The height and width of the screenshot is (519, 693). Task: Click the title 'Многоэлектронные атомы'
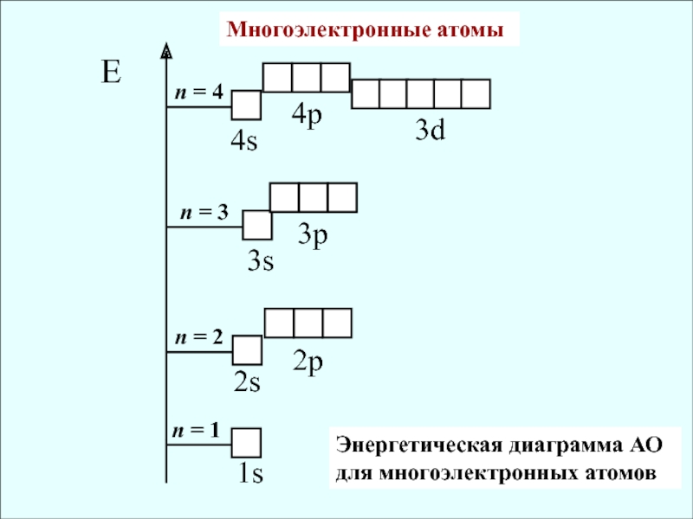[365, 30]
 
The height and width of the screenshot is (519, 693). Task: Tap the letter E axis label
[110, 73]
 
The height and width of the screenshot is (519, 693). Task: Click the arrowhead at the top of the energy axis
[165, 52]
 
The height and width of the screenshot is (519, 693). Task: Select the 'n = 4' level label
[198, 92]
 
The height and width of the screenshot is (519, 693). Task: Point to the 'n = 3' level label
[204, 212]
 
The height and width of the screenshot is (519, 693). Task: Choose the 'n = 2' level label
[198, 336]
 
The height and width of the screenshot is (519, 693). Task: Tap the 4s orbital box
[246, 106]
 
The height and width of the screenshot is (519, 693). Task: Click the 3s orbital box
[257, 225]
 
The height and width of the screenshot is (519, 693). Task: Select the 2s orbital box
[248, 350]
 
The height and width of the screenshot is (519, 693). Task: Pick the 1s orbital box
[247, 442]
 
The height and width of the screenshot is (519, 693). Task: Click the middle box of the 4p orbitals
[307, 77]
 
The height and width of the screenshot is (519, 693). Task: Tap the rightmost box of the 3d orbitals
[476, 93]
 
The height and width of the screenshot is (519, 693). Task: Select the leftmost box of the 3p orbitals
[285, 197]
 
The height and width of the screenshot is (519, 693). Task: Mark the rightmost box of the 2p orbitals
[337, 323]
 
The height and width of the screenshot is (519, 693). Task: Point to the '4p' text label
[306, 114]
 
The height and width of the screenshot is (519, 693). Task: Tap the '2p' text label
[308, 362]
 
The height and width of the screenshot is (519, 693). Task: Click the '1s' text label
[251, 474]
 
